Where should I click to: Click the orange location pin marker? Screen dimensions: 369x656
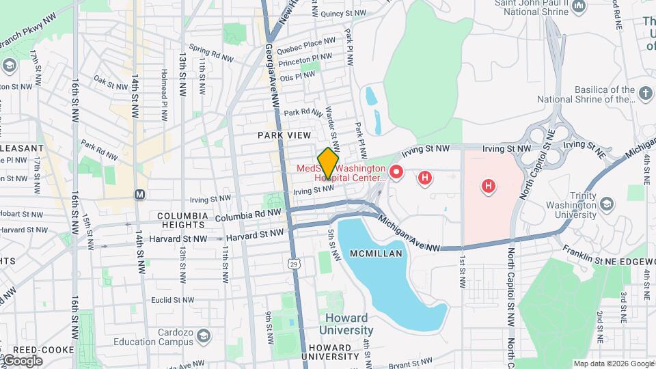329,163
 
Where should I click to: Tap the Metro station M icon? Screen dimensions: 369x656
140,195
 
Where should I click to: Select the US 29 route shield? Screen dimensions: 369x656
292,263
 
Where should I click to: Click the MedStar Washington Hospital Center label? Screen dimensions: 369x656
341,173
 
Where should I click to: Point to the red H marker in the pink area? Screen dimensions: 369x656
488,185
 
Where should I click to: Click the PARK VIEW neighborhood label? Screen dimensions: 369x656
284,135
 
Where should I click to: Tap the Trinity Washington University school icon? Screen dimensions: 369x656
605,204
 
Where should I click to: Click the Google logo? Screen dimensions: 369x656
23,361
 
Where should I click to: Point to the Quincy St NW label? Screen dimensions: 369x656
344,13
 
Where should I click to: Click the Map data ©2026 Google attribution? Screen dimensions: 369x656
614,364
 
